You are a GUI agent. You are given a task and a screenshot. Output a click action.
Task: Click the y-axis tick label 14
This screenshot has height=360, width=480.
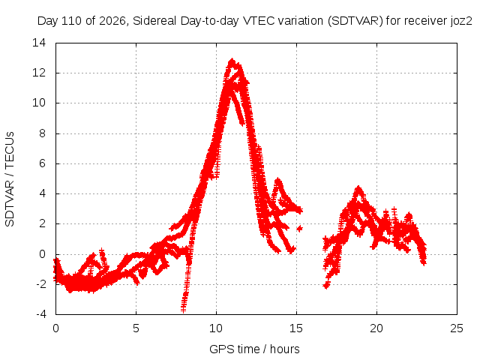(x=39, y=43)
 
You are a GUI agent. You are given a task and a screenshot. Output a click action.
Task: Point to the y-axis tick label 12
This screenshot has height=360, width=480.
(x=39, y=73)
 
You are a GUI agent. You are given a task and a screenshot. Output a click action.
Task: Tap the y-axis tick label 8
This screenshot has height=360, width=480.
(x=42, y=133)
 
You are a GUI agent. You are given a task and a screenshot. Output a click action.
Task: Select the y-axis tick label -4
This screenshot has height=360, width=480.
(x=40, y=314)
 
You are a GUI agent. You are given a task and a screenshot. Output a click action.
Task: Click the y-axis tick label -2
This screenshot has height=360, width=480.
(x=40, y=283)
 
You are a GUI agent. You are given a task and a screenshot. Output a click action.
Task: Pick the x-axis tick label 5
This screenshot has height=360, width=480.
(x=136, y=328)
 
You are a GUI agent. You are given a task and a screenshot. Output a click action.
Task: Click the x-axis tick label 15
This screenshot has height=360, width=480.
(x=296, y=328)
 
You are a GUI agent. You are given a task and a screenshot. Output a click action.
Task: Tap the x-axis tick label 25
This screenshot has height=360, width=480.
(x=457, y=328)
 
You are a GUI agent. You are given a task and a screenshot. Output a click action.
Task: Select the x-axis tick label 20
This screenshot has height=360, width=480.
(x=376, y=328)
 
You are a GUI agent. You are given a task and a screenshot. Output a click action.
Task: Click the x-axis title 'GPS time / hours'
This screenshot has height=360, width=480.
(x=254, y=349)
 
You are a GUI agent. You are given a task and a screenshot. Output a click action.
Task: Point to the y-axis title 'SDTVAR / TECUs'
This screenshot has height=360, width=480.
(x=10, y=179)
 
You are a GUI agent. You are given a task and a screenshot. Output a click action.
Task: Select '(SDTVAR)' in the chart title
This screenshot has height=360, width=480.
(x=355, y=21)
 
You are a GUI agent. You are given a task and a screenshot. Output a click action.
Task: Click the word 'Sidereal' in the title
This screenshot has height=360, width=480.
(x=154, y=21)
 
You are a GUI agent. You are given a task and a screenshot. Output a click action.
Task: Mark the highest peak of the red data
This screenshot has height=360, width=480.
(x=232, y=60)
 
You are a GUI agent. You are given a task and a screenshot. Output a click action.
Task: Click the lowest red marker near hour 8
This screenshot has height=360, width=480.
(x=183, y=310)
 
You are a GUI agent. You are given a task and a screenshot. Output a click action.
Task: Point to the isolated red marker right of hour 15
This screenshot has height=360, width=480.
(x=299, y=228)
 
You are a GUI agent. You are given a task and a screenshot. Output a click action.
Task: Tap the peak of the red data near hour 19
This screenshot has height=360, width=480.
(x=358, y=187)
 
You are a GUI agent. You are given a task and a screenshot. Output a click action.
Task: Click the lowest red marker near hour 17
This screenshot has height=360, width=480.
(x=326, y=286)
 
